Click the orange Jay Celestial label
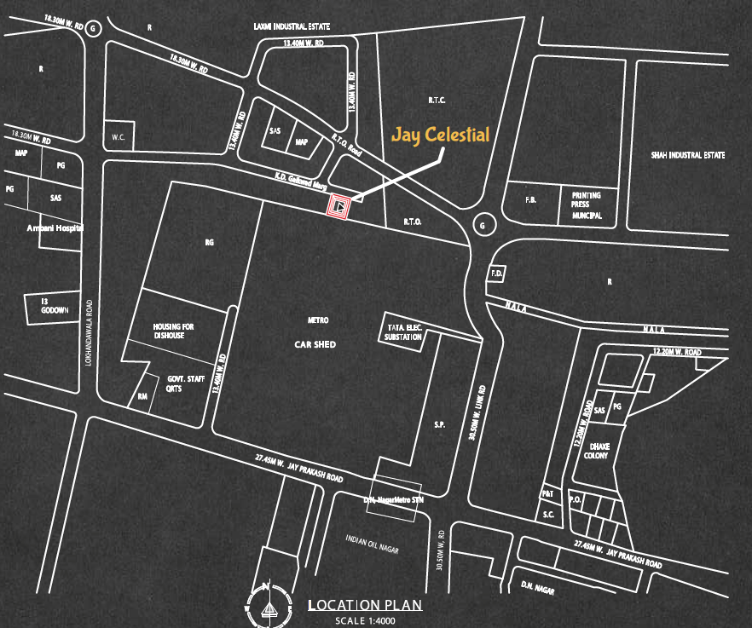point(440,135)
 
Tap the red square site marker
point(339,205)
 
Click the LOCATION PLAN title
point(364,606)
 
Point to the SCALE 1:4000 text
point(365,620)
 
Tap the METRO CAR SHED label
point(317,332)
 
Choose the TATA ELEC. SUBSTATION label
point(402,331)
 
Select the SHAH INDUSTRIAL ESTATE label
point(687,155)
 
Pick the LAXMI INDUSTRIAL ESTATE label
point(292,27)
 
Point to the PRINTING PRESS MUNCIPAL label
point(587,205)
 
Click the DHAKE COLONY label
point(597,450)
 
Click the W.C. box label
point(118,137)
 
